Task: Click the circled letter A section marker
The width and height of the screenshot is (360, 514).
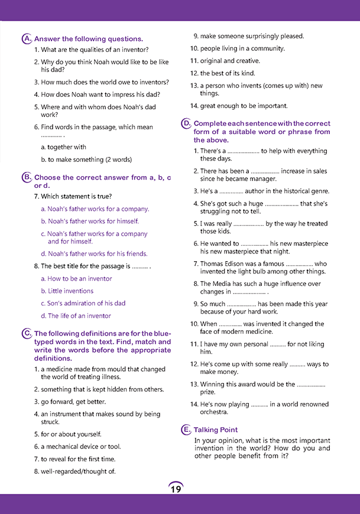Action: [27, 39]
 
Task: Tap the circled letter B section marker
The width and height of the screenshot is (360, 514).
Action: [27, 177]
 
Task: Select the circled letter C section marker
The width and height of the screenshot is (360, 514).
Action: [27, 334]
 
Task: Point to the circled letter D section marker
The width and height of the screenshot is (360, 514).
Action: [186, 123]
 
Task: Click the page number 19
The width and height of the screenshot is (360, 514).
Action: [176, 489]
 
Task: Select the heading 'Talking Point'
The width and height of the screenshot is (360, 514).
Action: [216, 430]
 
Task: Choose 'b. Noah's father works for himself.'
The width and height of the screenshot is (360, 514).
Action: [90, 221]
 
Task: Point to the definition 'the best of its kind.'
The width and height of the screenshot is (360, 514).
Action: [229, 73]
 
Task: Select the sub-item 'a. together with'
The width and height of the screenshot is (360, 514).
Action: [63, 147]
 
